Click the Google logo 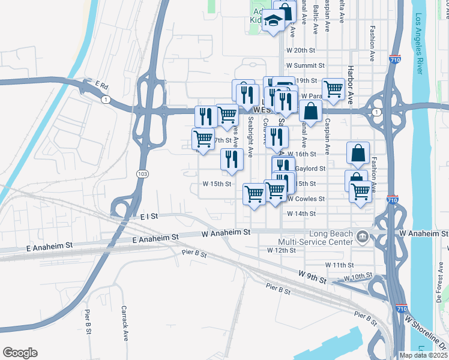pos(20,353)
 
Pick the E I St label pos(147,215)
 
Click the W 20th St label pos(305,50)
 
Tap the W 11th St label pos(340,264)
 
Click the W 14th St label pos(301,214)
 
